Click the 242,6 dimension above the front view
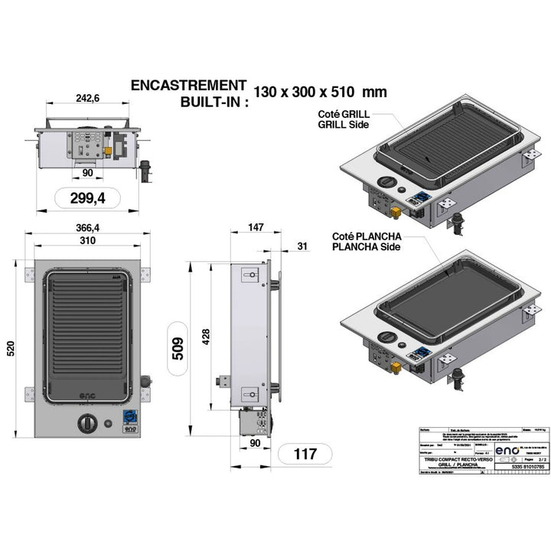click(x=86, y=99)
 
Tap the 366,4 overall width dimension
click(x=86, y=228)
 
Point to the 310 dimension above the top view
click(x=86, y=241)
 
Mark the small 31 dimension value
click(x=301, y=246)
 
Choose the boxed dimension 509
click(x=178, y=349)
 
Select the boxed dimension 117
click(x=305, y=454)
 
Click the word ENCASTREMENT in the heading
click(x=189, y=85)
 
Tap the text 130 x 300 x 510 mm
click(x=320, y=92)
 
